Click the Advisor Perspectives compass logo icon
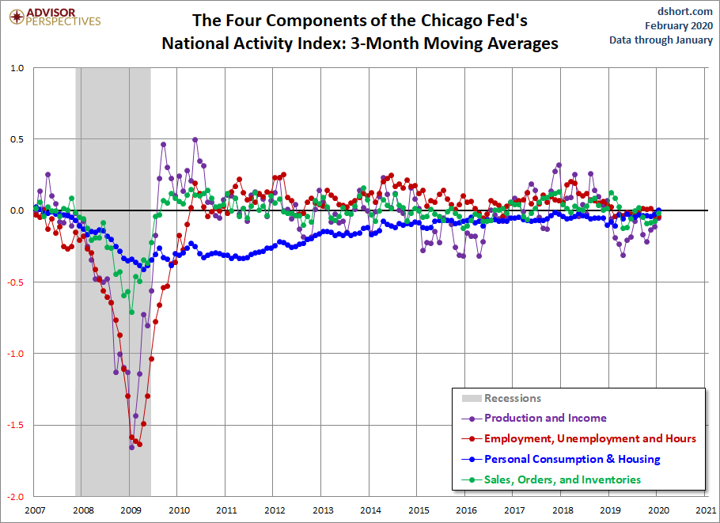pos(17,17)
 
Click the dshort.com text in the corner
pos(684,11)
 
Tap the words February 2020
pos(679,25)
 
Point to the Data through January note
pos(661,40)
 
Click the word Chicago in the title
pos(449,21)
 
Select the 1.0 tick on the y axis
pos(17,68)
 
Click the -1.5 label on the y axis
pos(15,425)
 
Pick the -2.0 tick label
pos(15,497)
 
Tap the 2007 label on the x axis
pos(35,510)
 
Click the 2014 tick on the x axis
pos(370,510)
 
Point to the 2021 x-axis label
pos(706,510)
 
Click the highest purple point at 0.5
pos(195,139)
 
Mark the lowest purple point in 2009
pos(132,447)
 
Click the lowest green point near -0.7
pos(132,313)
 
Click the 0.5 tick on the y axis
pos(17,139)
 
